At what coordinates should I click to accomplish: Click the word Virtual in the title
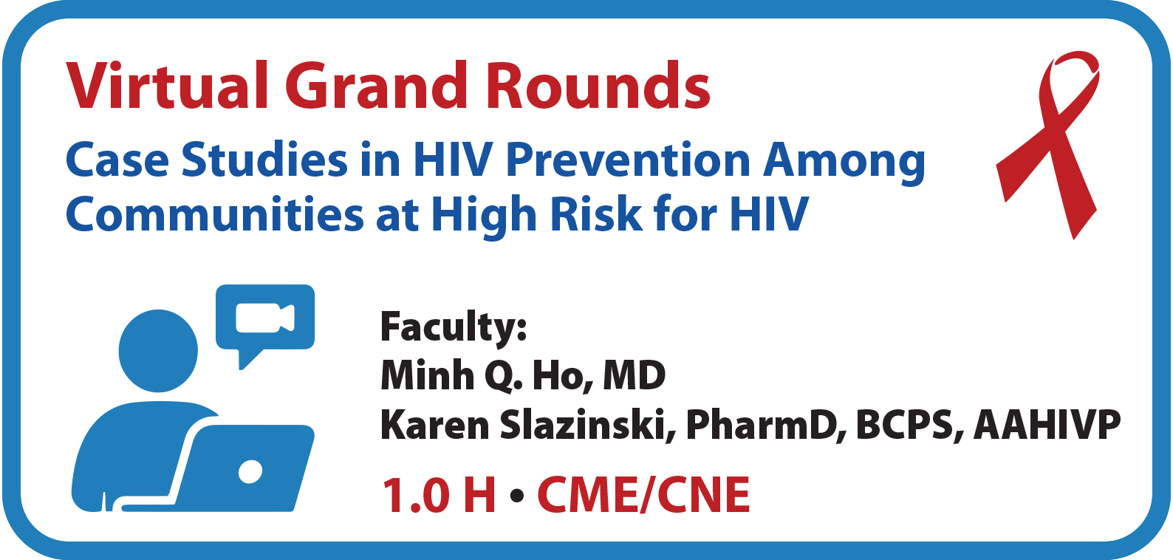coord(167,86)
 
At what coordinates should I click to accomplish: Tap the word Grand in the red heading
coord(376,86)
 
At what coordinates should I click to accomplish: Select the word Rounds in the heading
coord(598,86)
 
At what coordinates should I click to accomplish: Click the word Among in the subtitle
coord(844,163)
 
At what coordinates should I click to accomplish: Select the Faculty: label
coord(453,327)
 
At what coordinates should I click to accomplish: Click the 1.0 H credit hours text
coord(439,494)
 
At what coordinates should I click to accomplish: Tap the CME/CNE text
coord(643,494)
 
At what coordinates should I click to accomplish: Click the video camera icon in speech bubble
coord(265,318)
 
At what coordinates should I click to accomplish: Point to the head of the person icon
coord(158,350)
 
